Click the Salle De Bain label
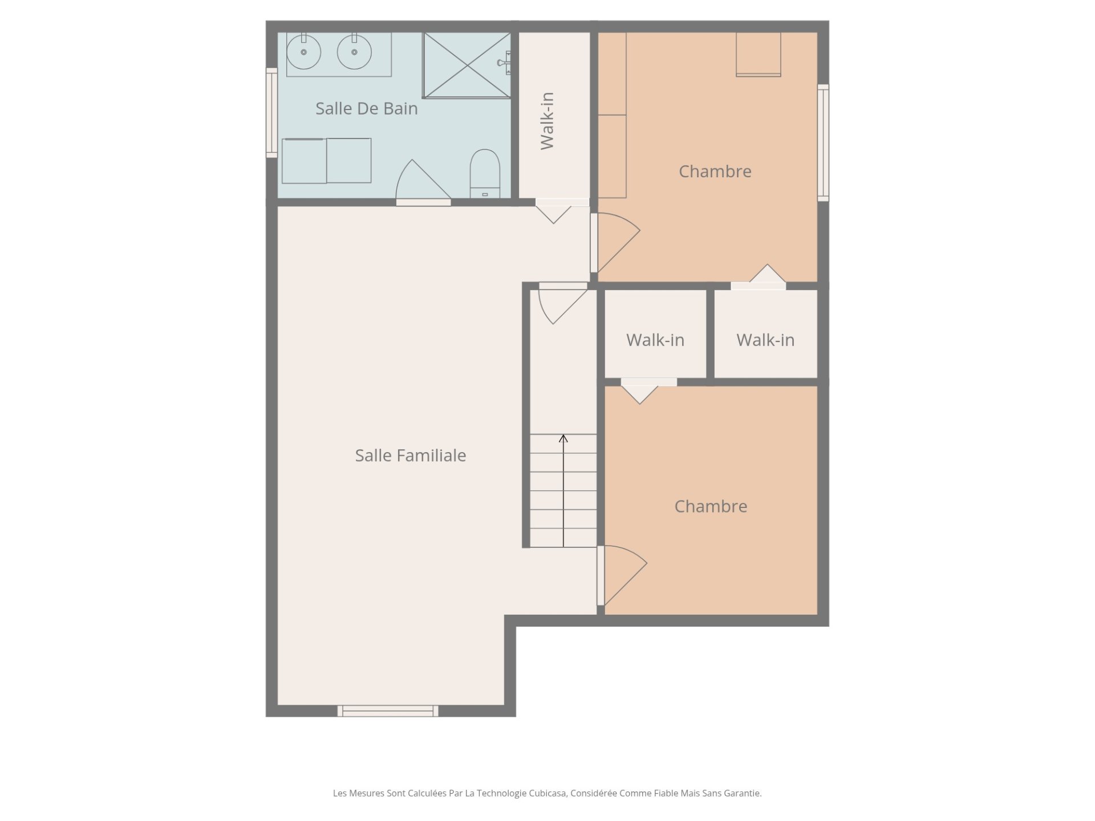tap(366, 108)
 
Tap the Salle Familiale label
tap(411, 455)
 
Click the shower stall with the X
tap(467, 65)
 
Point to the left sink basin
tap(303, 52)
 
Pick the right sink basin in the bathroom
tap(354, 52)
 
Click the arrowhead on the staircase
tap(563, 438)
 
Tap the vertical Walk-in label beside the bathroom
tap(547, 121)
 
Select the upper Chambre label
tap(715, 171)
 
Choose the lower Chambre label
tap(711, 506)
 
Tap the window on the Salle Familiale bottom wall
tap(388, 711)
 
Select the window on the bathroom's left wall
tap(271, 113)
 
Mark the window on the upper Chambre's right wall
tap(823, 143)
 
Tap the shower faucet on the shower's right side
tap(505, 63)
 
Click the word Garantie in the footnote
tap(743, 793)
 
